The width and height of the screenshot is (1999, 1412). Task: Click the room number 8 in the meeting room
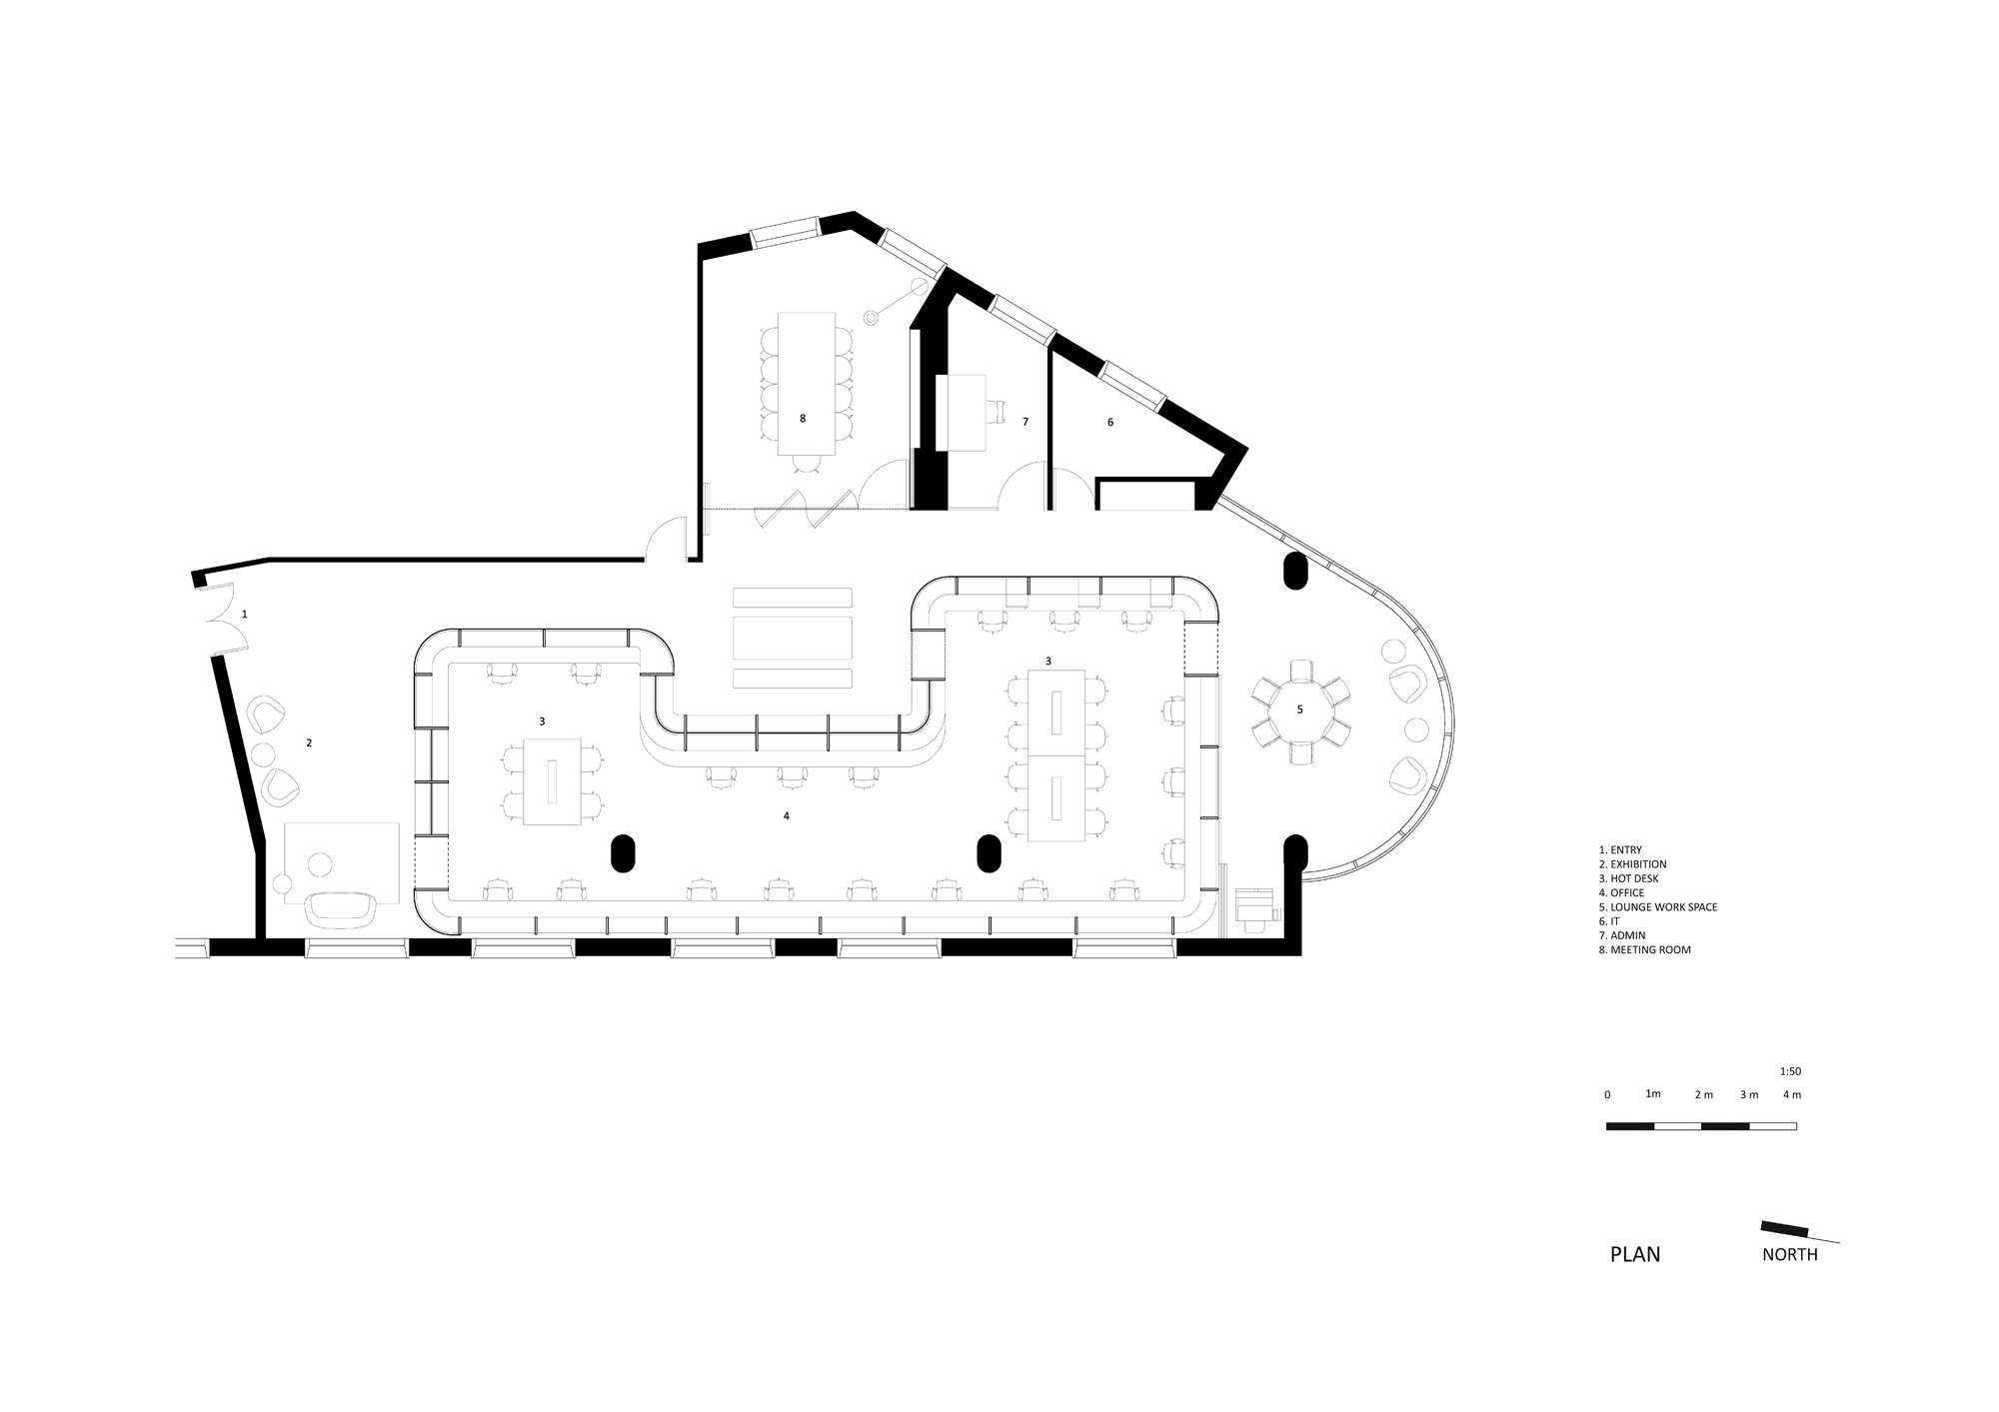803,419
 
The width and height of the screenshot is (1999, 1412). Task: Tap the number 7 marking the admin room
1025,423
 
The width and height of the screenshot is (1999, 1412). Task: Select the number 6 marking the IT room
1109,423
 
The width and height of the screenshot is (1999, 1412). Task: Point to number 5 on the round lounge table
1299,709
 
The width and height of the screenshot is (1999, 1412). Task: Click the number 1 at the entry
244,614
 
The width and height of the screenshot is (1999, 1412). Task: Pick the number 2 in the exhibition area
309,742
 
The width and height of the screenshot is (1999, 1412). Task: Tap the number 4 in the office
787,816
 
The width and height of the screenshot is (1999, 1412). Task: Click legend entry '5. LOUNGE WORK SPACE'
1657,907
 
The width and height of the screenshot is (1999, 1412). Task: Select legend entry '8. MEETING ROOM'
1644,950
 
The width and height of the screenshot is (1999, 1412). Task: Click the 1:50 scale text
1790,1071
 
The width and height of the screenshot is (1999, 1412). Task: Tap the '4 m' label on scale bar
1792,1095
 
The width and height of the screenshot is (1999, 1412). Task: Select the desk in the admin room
962,412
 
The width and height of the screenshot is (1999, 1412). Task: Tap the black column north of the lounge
1295,571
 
